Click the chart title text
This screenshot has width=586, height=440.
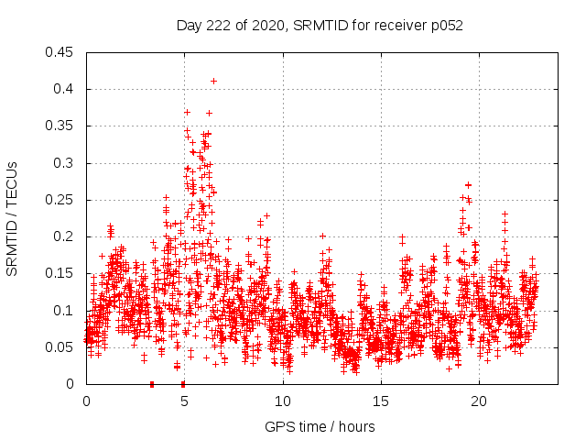(320, 26)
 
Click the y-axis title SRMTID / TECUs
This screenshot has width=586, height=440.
(13, 218)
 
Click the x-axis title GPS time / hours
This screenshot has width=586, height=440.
(320, 426)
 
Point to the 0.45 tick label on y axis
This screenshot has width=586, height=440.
(60, 52)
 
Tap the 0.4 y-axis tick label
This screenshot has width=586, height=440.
(64, 89)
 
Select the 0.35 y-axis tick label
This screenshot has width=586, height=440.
(60, 126)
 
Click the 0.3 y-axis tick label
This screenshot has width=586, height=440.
(64, 163)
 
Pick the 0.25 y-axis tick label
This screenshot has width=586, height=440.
(60, 200)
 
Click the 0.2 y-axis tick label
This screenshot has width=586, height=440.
(64, 236)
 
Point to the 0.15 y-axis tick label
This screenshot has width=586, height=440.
(60, 273)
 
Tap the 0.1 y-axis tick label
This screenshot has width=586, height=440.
(64, 311)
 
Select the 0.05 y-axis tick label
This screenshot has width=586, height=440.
(60, 347)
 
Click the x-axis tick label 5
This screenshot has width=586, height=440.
(184, 401)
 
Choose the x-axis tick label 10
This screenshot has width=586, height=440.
(283, 401)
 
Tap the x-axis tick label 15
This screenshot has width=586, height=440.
(381, 401)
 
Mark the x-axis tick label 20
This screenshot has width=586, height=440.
(479, 401)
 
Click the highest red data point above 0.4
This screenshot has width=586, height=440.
(213, 81)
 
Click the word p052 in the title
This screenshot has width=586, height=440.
(446, 26)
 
